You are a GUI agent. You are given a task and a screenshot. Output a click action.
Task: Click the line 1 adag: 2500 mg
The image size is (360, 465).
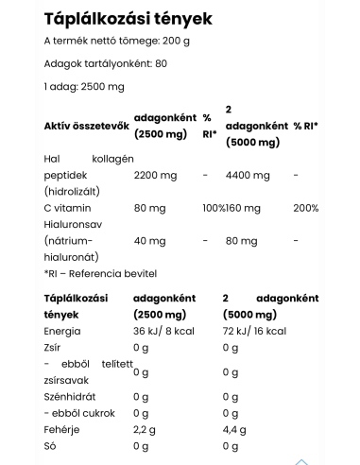tap(84, 87)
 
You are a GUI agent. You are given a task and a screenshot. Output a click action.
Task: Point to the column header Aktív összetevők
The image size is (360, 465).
tap(84, 126)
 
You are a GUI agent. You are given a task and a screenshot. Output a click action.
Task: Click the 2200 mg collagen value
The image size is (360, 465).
tap(156, 175)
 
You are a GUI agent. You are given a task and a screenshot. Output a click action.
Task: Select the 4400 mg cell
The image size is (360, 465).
tap(249, 175)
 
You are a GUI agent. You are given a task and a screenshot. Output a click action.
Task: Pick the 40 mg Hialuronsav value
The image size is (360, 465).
tap(148, 240)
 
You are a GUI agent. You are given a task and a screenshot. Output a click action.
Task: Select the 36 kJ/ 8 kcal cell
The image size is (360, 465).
tap(168, 333)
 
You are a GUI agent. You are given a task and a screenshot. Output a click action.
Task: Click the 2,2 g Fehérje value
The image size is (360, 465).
tap(146, 430)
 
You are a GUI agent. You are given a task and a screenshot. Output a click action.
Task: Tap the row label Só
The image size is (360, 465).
tap(50, 446)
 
